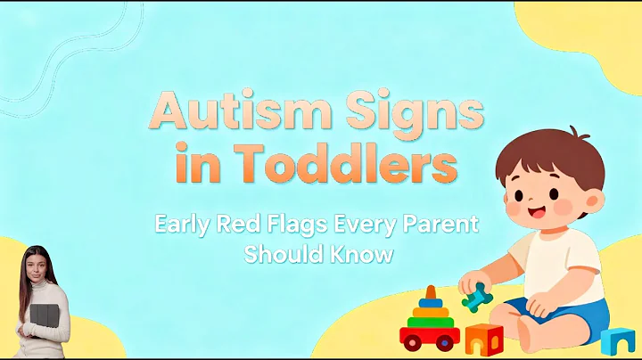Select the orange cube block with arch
483,340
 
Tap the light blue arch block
616,340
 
